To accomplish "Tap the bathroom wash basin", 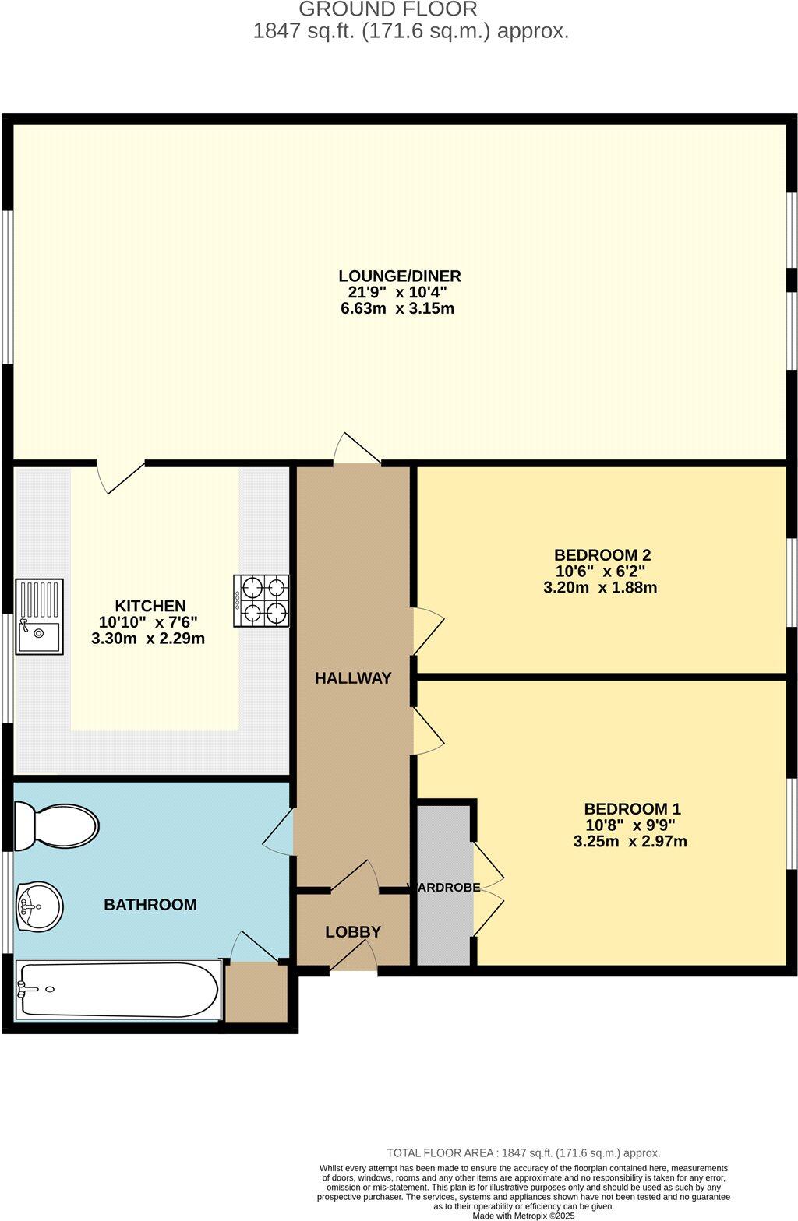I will [x=39, y=907].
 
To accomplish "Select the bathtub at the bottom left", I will [x=117, y=990].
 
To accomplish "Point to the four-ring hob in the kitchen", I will [x=261, y=601].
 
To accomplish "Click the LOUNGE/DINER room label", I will [x=399, y=276].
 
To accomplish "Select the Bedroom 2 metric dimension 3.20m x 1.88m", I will [x=600, y=587].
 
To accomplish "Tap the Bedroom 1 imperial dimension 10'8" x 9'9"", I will [x=630, y=825].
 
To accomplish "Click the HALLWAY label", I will [x=353, y=678].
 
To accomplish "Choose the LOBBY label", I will [x=353, y=932].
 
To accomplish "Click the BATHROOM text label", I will [x=150, y=905].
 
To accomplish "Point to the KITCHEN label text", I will [x=150, y=606].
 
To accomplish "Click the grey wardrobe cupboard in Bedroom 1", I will [x=444, y=884].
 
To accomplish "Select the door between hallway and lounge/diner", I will [x=357, y=450].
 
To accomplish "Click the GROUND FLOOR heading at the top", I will [x=388, y=9].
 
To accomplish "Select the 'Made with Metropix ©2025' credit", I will [x=524, y=1215].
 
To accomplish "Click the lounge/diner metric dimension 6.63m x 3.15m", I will [x=397, y=308].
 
